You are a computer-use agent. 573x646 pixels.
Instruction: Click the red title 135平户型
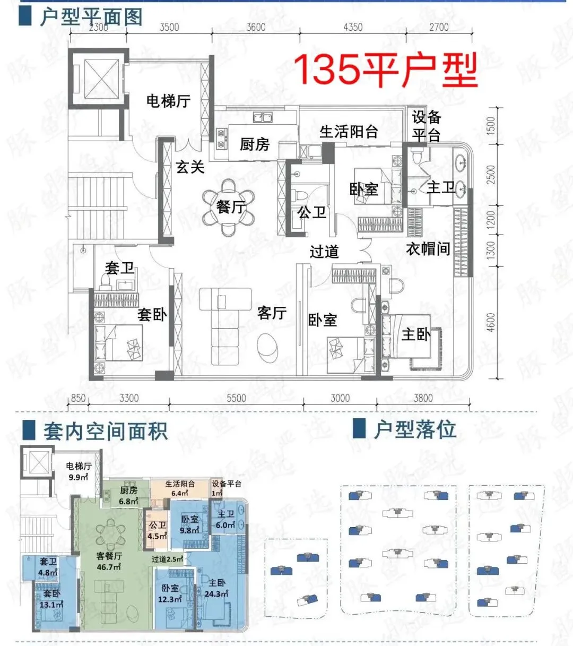(386, 70)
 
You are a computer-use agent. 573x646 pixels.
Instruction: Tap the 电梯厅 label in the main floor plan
(168, 101)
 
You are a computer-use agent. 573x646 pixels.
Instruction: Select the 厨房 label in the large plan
(254, 144)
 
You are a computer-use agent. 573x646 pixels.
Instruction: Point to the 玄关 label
(190, 167)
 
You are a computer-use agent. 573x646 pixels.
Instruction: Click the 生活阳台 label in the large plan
(349, 132)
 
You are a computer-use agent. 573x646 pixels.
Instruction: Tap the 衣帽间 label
(428, 249)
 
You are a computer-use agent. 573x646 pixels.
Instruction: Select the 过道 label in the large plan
(324, 252)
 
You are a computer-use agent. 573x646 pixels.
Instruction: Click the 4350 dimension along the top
(353, 27)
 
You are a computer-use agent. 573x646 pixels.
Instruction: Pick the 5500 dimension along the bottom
(236, 398)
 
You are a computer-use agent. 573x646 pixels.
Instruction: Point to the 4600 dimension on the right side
(491, 322)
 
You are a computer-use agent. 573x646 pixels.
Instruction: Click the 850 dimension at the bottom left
(78, 398)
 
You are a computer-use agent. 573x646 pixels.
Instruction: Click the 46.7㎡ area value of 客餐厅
(109, 566)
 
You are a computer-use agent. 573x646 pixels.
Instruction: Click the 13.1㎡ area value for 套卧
(51, 604)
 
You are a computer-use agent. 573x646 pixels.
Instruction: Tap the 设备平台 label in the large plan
(427, 126)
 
